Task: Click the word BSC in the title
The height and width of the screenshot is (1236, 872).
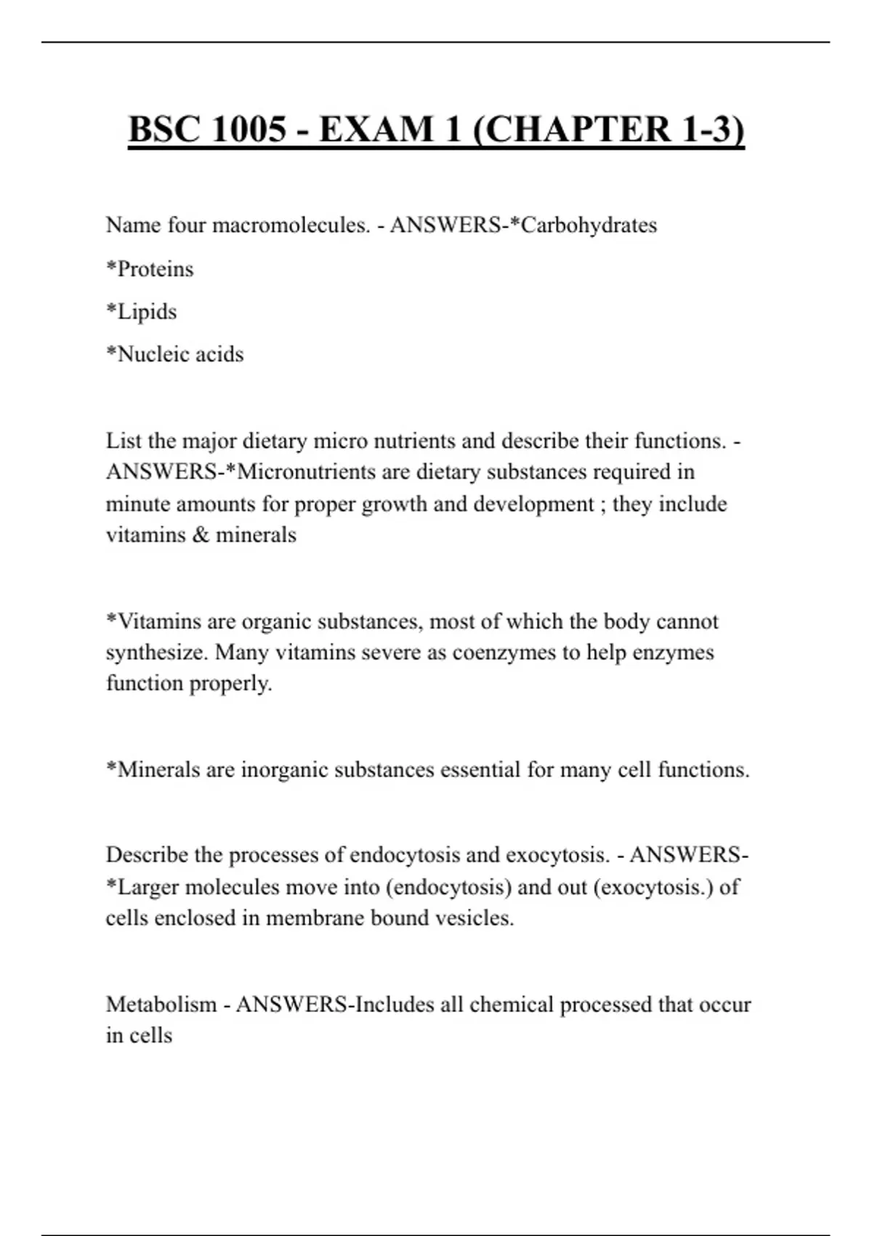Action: (165, 129)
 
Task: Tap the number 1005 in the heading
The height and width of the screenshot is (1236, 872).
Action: (249, 129)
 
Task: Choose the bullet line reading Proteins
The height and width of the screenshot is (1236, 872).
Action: (150, 269)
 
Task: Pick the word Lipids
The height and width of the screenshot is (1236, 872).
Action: (142, 312)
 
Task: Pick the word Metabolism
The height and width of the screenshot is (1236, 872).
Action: (161, 1005)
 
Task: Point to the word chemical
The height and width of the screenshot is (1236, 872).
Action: (512, 1005)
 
